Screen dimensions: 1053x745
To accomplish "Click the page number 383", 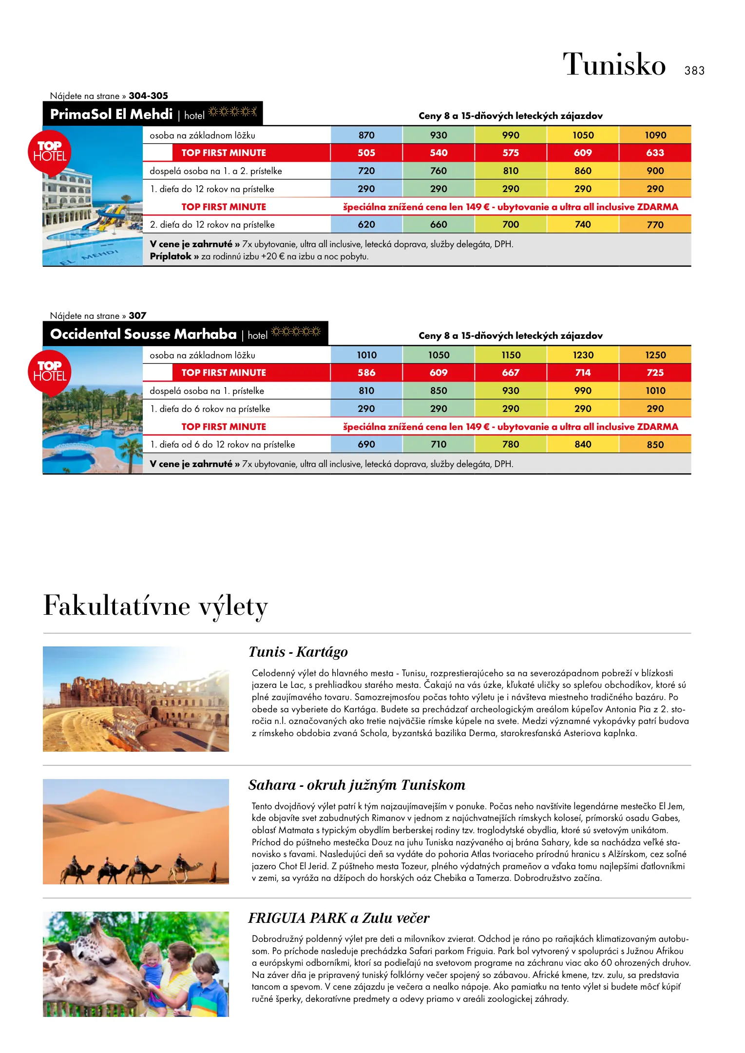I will click(694, 71).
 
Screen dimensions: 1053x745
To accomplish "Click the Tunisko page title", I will click(614, 64).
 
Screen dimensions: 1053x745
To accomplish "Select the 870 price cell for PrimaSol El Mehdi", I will click(366, 135).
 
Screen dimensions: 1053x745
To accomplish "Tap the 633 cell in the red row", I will click(655, 153).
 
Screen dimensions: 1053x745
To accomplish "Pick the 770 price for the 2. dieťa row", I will click(655, 225).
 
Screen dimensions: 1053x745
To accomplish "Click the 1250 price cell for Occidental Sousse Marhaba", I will click(655, 355).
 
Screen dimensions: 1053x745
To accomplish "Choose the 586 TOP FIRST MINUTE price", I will click(366, 372).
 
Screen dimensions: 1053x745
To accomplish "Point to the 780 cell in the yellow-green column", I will click(511, 444).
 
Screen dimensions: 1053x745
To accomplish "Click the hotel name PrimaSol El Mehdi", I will click(111, 114).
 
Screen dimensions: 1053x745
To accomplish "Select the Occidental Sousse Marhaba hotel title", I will click(143, 334).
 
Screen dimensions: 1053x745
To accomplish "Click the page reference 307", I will click(137, 315).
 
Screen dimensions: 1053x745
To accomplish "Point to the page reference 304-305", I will click(148, 96).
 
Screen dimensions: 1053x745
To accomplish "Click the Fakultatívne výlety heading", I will click(155, 606).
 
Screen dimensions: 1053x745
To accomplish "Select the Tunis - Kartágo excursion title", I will click(298, 652).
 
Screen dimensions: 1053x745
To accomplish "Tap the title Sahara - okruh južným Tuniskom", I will click(357, 785).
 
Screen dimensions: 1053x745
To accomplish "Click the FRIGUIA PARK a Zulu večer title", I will click(339, 918).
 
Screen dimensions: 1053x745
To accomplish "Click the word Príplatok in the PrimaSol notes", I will click(171, 256).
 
